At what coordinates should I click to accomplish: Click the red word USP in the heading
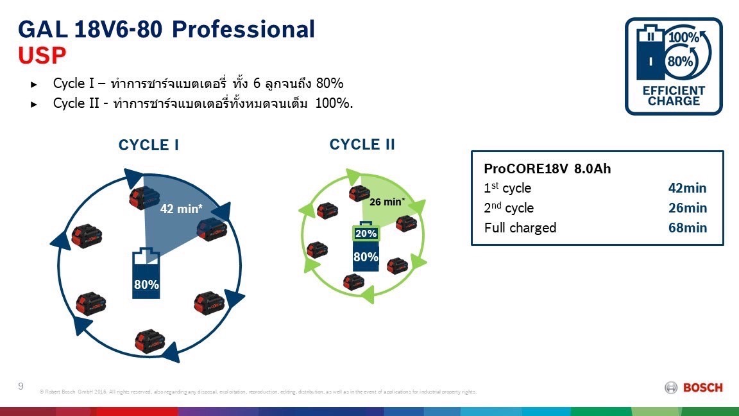(42, 56)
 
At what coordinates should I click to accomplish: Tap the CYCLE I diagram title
(148, 145)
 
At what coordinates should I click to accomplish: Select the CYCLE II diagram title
(362, 144)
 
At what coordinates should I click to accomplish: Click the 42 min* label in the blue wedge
(182, 209)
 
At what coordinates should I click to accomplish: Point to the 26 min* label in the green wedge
(387, 202)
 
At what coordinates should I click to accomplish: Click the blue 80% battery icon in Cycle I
(146, 273)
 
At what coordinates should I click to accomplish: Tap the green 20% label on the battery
(366, 234)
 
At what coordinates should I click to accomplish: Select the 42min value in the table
(687, 188)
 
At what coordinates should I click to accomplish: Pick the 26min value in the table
(687, 208)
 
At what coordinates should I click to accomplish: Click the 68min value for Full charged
(687, 228)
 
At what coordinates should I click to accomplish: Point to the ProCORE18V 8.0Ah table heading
(547, 169)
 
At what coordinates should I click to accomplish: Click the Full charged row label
(520, 228)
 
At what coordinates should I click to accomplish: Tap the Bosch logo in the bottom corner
(694, 387)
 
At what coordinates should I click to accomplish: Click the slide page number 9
(21, 386)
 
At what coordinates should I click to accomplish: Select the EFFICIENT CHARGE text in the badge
(674, 96)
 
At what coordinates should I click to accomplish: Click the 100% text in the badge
(684, 37)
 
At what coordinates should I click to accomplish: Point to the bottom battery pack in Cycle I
(150, 341)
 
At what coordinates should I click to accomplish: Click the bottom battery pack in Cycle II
(353, 281)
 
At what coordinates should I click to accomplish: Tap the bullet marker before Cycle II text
(35, 104)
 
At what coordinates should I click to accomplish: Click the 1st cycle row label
(507, 188)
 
